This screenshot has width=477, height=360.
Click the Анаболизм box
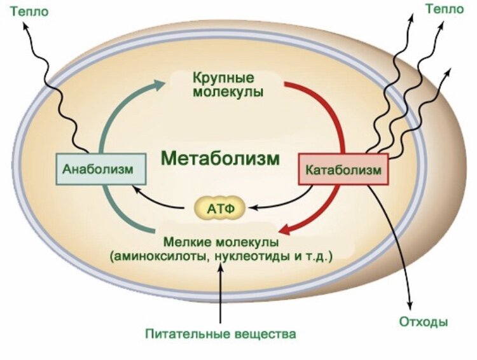click(x=98, y=169)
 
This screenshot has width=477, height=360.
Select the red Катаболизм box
click(x=343, y=169)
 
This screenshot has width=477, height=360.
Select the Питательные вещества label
click(x=221, y=333)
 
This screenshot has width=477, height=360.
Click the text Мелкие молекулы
click(x=221, y=242)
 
